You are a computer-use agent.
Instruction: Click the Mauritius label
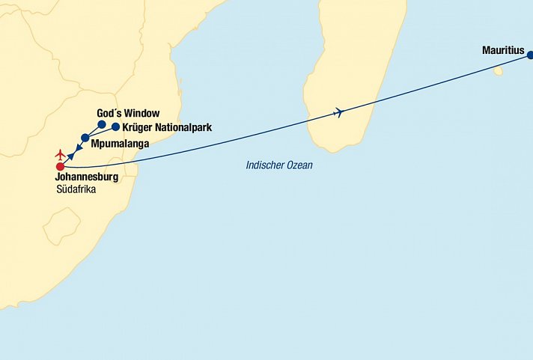[504, 52]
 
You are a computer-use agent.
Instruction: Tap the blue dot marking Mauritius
[530, 55]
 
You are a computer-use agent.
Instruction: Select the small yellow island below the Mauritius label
[498, 71]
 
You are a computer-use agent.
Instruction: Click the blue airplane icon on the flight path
[339, 113]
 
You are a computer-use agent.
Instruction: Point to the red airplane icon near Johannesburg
[61, 155]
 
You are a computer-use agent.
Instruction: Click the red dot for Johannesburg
[61, 166]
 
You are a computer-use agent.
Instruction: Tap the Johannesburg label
[88, 177]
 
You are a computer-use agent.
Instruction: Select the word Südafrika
[76, 189]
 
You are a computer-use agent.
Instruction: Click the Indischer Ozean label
[279, 165]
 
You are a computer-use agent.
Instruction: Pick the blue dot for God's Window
[102, 125]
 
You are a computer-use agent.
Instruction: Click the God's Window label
[128, 113]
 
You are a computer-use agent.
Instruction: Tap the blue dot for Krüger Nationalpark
[115, 126]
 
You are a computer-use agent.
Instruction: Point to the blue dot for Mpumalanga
[85, 138]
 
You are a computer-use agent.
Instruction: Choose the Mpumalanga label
[120, 142]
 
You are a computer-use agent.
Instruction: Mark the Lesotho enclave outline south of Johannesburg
[61, 225]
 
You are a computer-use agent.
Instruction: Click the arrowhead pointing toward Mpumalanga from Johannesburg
[70, 156]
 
